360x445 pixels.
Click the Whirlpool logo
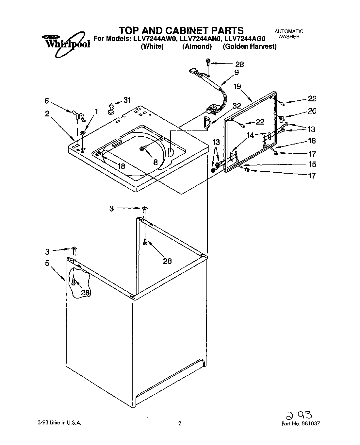pos(66,41)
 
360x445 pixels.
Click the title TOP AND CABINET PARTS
pos(181,30)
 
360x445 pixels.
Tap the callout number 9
pos(237,73)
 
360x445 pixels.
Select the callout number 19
pos(237,86)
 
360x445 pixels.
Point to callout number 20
pos(312,111)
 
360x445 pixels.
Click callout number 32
pos(237,106)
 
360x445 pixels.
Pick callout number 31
pos(127,100)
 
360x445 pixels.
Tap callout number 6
pos(47,101)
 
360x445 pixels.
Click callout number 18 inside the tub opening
pos(121,166)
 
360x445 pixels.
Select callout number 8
pos(155,162)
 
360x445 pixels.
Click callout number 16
pos(312,141)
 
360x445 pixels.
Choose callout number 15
pos(312,164)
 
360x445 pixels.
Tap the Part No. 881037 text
pos(300,423)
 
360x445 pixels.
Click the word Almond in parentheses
pos(197,46)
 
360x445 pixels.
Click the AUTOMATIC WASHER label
pos(289,34)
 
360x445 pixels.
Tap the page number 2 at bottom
pos(179,423)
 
